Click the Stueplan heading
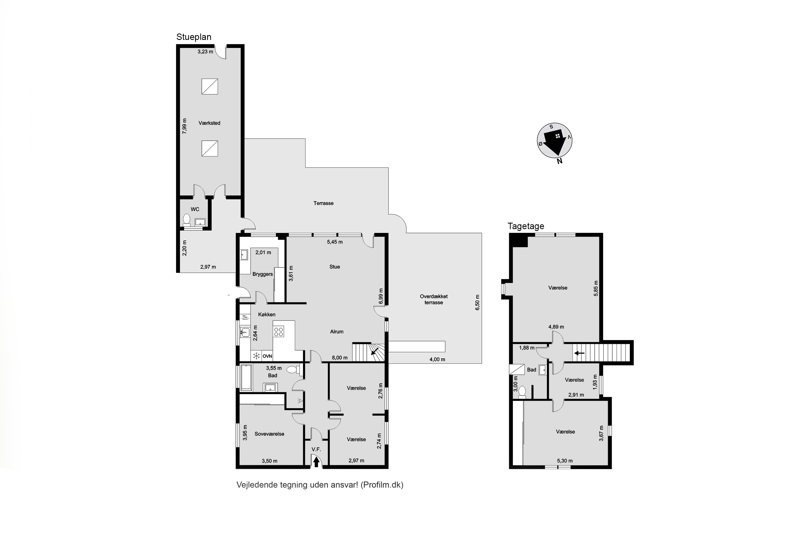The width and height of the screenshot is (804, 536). click(x=193, y=37)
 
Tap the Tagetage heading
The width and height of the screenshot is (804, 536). click(x=526, y=226)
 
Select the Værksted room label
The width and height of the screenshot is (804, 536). click(x=209, y=123)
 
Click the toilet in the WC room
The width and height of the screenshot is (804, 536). click(x=186, y=220)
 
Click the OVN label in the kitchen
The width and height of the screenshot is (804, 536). click(x=267, y=356)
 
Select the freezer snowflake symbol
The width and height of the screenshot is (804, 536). click(x=256, y=356)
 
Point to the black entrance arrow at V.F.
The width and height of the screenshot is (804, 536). click(x=316, y=462)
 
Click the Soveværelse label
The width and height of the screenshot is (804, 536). click(x=269, y=434)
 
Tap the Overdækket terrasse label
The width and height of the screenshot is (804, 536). click(x=434, y=299)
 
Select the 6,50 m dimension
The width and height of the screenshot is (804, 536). click(x=478, y=302)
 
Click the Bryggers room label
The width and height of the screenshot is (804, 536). click(x=263, y=274)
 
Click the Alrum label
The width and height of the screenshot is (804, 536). click(x=337, y=332)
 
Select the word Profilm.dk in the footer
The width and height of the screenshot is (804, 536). click(x=382, y=485)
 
